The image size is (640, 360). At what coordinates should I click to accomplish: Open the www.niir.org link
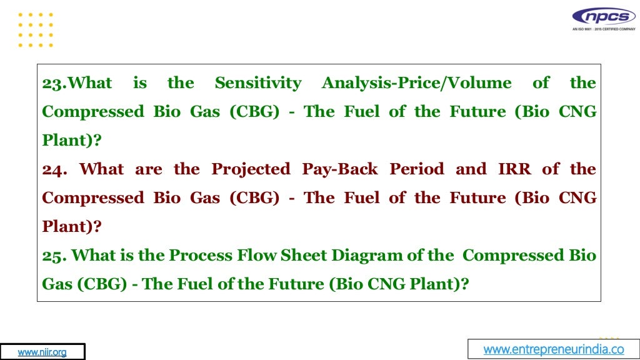42,352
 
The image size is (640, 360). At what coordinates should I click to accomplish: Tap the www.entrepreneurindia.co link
554,349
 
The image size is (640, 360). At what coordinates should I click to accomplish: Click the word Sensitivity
257,83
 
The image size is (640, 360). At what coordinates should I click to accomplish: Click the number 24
54,169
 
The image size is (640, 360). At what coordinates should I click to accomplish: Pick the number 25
54,256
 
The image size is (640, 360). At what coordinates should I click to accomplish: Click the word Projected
251,169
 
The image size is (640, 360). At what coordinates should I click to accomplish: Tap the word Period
417,169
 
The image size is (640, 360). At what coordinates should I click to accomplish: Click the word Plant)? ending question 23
71,141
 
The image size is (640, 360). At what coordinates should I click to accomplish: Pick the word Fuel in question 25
196,284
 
